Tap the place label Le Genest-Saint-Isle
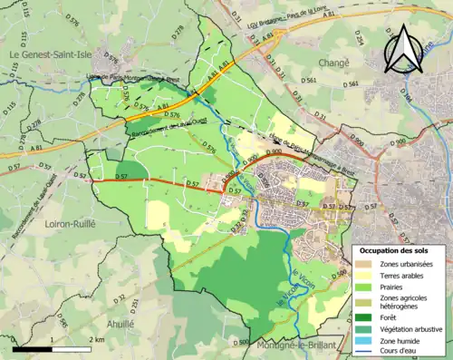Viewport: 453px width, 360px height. pos(53,55)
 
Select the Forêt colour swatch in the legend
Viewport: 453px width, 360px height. pos(363,316)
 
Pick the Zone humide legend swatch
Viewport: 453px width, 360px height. pos(363,341)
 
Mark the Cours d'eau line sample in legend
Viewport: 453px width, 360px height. pos(363,353)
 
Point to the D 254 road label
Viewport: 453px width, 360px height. pos(357,37)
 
